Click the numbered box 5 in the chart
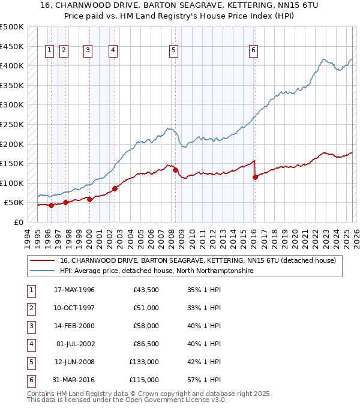tap(173, 51)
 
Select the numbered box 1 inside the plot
tap(49, 51)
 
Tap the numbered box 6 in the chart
tap(254, 51)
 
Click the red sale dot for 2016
tap(256, 177)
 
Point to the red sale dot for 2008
tap(175, 170)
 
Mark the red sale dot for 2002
tap(115, 188)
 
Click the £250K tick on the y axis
tap(12, 124)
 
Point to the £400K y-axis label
tap(12, 66)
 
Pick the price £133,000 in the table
tap(143, 362)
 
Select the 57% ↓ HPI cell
tap(204, 380)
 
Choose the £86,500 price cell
tap(145, 344)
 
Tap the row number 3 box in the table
tap(31, 326)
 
